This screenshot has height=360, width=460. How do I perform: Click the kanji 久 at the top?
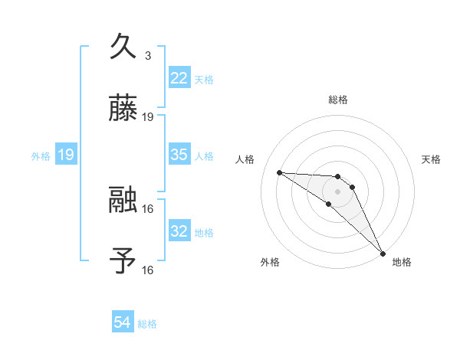click(123, 47)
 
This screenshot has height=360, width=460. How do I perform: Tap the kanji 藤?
click(123, 109)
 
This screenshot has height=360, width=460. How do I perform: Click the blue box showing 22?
click(179, 78)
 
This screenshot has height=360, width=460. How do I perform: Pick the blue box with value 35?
click(179, 155)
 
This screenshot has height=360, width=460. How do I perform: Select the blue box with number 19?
click(66, 155)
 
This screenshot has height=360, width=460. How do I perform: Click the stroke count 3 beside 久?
click(148, 56)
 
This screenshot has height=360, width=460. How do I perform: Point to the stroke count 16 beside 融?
click(148, 208)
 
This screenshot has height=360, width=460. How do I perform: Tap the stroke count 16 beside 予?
click(148, 270)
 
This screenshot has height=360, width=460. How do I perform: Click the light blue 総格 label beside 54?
click(147, 324)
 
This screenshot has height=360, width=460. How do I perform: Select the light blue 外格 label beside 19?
click(41, 156)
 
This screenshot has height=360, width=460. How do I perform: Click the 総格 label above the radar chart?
click(338, 100)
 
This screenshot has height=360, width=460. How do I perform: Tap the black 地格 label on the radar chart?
click(402, 262)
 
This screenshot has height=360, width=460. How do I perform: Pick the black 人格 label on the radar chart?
click(245, 159)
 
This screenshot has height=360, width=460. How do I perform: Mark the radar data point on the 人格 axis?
click(279, 172)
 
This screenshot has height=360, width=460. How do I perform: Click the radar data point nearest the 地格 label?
click(382, 253)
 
